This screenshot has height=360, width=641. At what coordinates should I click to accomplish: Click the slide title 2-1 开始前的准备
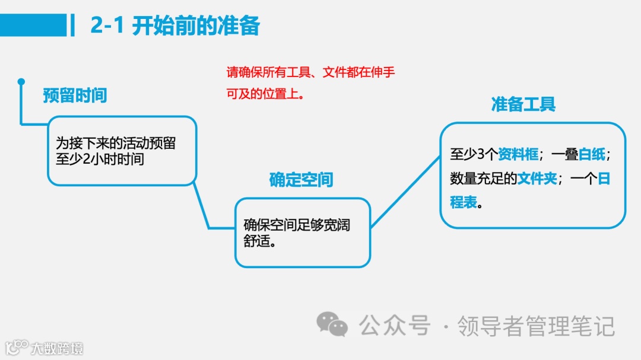point(175,26)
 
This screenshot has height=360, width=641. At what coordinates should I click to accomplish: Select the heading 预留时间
point(75,95)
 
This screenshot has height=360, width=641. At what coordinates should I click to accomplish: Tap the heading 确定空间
point(301,180)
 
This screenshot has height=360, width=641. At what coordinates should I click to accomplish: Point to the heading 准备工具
point(523,105)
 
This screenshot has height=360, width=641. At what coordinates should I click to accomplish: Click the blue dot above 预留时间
point(21,81)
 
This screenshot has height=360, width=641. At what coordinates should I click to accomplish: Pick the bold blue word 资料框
point(518,155)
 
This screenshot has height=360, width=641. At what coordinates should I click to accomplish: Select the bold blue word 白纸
point(592,155)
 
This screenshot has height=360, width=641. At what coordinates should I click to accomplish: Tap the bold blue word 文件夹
point(537,179)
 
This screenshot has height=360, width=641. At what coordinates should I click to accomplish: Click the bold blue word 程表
point(464,202)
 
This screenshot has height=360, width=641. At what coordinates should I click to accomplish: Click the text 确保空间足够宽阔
point(297,225)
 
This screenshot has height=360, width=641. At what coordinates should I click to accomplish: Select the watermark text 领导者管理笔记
point(535,326)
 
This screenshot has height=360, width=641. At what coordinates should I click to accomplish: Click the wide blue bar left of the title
point(33,26)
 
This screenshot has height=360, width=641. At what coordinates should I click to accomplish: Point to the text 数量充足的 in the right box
point(483,179)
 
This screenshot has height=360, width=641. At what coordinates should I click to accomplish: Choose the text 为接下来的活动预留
point(116,143)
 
